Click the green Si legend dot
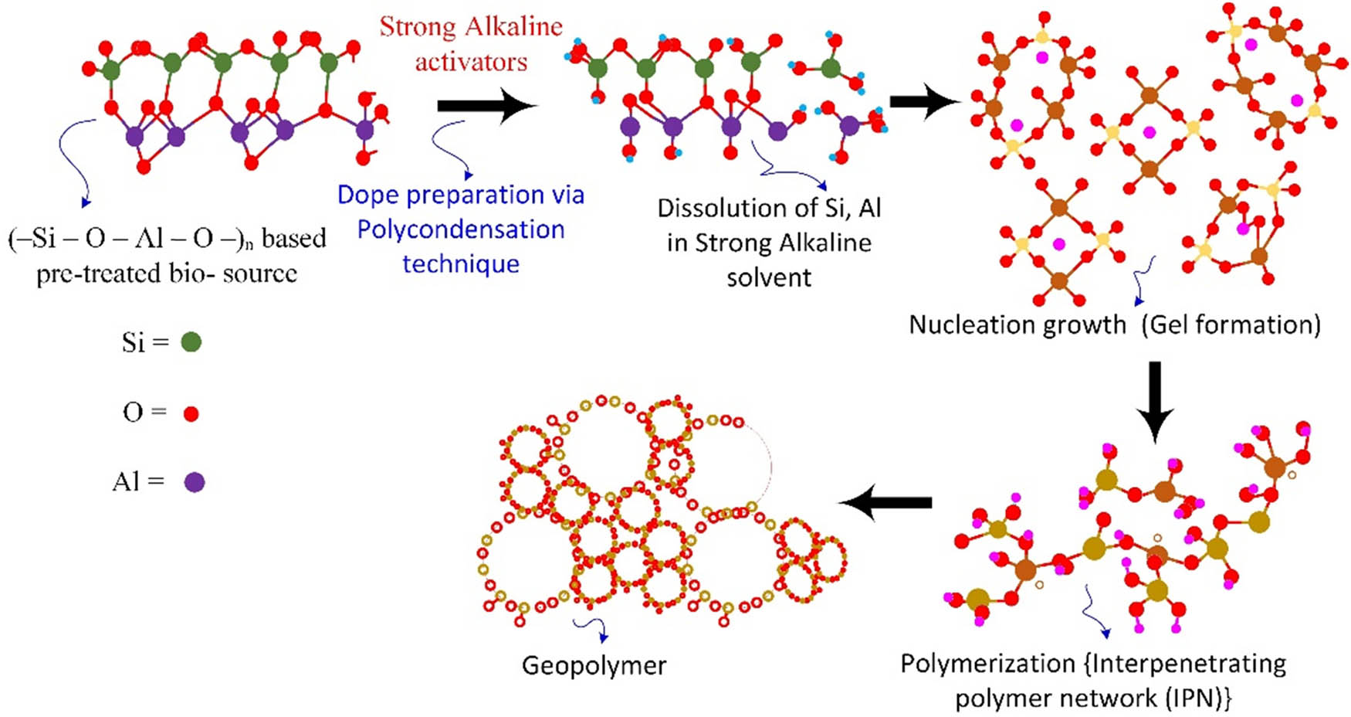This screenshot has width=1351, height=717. pyautogui.click(x=191, y=342)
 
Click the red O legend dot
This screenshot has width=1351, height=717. pyautogui.click(x=191, y=414)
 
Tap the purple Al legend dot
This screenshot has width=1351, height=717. pyautogui.click(x=194, y=483)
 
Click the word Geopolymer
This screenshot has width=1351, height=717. pyautogui.click(x=594, y=665)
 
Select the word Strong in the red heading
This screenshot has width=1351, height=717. pyautogui.click(x=418, y=27)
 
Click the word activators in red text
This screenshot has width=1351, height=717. pyautogui.click(x=471, y=62)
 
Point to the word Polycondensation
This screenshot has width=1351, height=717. pyautogui.click(x=461, y=229)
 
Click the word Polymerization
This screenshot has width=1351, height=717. pyautogui.click(x=987, y=664)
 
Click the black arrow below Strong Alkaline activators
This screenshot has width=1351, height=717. pyautogui.click(x=486, y=106)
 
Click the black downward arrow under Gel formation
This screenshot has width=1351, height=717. pyautogui.click(x=1155, y=402)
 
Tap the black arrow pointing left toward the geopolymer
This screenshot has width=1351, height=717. pyautogui.click(x=885, y=503)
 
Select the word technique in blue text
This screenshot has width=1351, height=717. pyautogui.click(x=461, y=264)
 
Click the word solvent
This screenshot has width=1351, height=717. pyautogui.click(x=769, y=277)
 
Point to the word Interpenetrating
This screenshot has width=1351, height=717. pyautogui.click(x=1188, y=664)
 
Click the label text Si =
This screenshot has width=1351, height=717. pyautogui.click(x=144, y=342)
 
